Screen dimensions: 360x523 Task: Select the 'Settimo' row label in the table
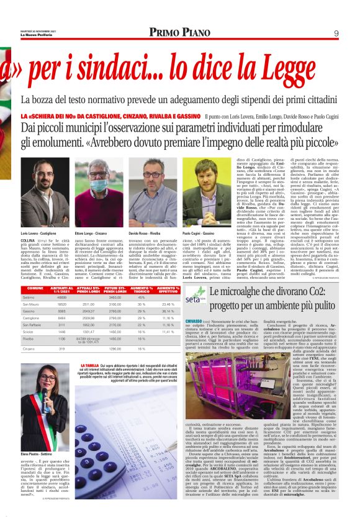coord(30,298)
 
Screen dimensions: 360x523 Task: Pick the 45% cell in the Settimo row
coord(141,298)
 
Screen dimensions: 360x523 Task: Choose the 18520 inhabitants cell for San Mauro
coord(63,305)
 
